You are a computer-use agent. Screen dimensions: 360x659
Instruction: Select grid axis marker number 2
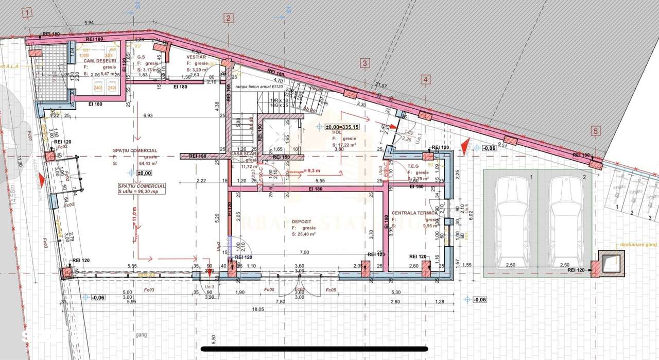pyautogui.click(x=228, y=19)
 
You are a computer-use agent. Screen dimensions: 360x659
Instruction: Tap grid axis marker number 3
pyautogui.click(x=365, y=64)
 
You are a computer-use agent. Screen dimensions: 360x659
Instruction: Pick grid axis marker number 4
pyautogui.click(x=425, y=79)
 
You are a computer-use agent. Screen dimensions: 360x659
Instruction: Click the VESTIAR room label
pyautogui.click(x=196, y=57)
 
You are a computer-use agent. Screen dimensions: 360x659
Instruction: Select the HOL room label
pyautogui.click(x=337, y=132)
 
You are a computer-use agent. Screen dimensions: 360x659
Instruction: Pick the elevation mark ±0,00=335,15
pyautogui.click(x=340, y=126)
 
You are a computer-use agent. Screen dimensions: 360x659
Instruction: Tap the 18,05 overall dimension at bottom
pyautogui.click(x=257, y=310)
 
